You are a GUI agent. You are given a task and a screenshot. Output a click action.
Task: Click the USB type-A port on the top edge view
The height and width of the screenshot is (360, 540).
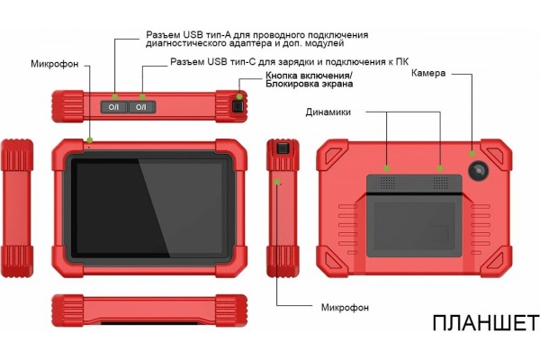(114, 106)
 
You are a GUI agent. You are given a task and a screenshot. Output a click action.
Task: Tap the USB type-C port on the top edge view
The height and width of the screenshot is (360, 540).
(141, 106)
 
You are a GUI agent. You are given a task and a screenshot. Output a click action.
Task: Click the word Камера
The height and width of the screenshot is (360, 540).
(429, 73)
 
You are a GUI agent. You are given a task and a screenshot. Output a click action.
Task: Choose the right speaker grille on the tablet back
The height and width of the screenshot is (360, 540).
(440, 181)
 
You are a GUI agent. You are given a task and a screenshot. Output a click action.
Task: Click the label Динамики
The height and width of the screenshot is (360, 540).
(328, 112)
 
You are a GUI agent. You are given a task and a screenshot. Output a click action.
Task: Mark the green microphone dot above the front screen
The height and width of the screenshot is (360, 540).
(90, 139)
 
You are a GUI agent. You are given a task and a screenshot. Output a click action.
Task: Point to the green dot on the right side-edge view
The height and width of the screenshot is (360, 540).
(278, 182)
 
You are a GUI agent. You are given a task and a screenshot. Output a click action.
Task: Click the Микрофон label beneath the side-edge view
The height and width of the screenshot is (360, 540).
(346, 307)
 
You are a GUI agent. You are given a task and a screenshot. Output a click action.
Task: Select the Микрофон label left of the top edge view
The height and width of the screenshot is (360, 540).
(56, 65)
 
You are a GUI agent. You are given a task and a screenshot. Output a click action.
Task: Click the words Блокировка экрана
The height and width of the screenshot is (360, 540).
(309, 85)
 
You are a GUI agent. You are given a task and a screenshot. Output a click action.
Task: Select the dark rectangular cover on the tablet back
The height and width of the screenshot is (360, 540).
(413, 216)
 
